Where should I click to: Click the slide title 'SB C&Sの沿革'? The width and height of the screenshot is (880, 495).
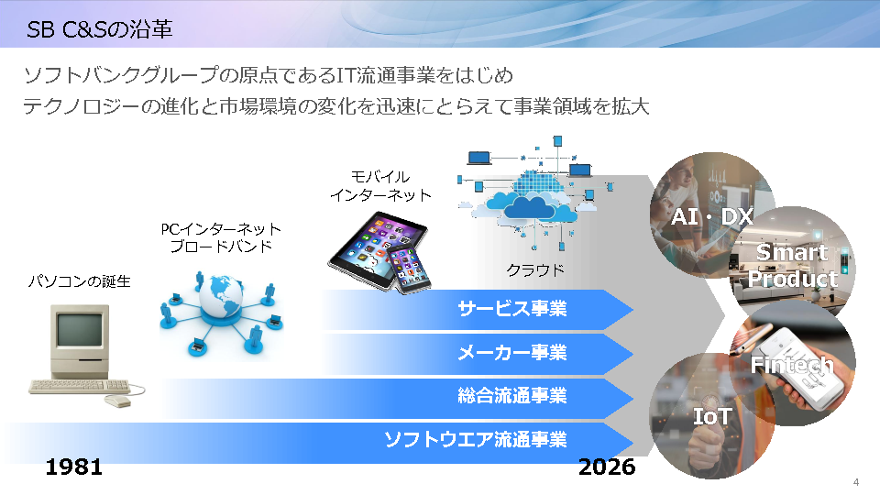[x=99, y=29]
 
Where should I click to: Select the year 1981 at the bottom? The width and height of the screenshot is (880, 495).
[x=73, y=467]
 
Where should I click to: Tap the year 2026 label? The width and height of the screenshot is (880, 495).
[x=607, y=467]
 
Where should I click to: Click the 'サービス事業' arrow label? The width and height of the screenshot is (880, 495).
[x=511, y=309]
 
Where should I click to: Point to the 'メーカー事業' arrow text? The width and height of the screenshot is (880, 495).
[x=511, y=352]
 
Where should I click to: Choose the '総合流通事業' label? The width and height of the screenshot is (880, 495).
[x=511, y=396]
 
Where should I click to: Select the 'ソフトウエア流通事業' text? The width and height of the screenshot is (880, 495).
[x=476, y=439]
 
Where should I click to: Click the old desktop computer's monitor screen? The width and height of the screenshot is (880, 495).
[x=80, y=330]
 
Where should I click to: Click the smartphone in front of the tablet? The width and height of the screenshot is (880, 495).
[x=410, y=269]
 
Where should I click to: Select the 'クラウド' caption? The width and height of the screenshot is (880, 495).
[x=534, y=270]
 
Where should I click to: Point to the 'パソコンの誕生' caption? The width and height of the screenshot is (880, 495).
[x=79, y=281]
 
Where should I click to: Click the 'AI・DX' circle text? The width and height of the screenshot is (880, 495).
[x=711, y=216]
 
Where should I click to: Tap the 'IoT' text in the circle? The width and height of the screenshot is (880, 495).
[x=712, y=416]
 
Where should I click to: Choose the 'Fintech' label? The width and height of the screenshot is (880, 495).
[x=792, y=365]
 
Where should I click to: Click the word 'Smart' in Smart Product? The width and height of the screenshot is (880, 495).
[x=792, y=253]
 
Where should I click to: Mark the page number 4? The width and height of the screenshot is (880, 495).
[x=856, y=482]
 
